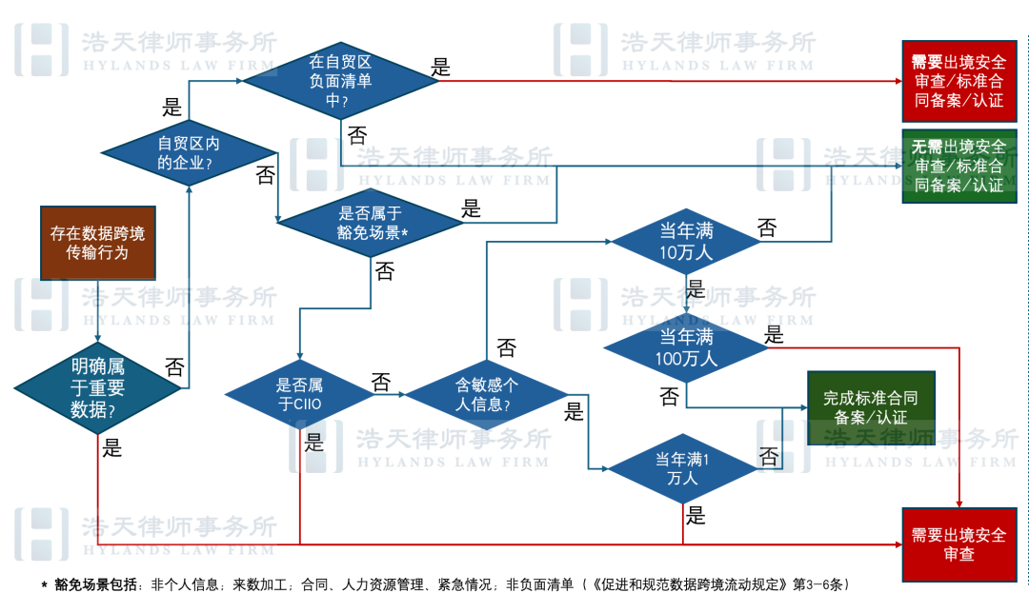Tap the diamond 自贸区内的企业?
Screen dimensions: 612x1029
coord(189,152)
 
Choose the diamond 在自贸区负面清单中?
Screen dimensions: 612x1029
coord(341,80)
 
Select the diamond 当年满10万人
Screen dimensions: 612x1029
coord(687,242)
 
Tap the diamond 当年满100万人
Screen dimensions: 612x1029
coord(687,347)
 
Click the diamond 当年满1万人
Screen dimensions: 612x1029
coord(687,468)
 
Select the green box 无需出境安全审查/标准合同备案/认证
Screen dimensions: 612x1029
coord(959,166)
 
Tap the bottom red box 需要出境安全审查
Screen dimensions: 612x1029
coord(959,544)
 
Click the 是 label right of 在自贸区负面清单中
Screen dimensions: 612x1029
coord(441,68)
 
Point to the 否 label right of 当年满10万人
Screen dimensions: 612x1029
coord(766,227)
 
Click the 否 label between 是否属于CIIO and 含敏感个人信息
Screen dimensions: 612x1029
coord(381,383)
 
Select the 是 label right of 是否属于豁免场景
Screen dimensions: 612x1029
coord(472,208)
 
